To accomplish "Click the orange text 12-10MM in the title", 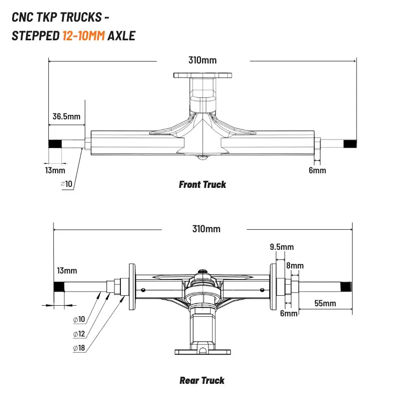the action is (84, 36).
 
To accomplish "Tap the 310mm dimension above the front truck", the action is (203, 60).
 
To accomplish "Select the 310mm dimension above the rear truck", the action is (207, 229).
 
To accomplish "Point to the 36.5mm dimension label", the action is (66, 116).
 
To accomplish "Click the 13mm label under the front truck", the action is (55, 170).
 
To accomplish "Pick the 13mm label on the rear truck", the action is (67, 271).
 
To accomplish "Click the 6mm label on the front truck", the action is (317, 170).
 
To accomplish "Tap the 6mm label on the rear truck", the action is (289, 313).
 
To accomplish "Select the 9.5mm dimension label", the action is (282, 247).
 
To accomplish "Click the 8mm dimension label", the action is (295, 265).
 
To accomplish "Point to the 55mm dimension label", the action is (325, 303).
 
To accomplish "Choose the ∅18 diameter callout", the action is (79, 348).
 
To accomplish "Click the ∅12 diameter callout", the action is (79, 334).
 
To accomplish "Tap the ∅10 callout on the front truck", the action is (66, 184).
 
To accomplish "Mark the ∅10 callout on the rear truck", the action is (79, 319).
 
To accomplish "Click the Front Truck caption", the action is (203, 184).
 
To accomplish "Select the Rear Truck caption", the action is (202, 380).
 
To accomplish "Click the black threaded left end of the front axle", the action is (55, 144).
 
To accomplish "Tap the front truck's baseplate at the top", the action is (203, 75).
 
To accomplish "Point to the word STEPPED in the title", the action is (36, 36).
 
